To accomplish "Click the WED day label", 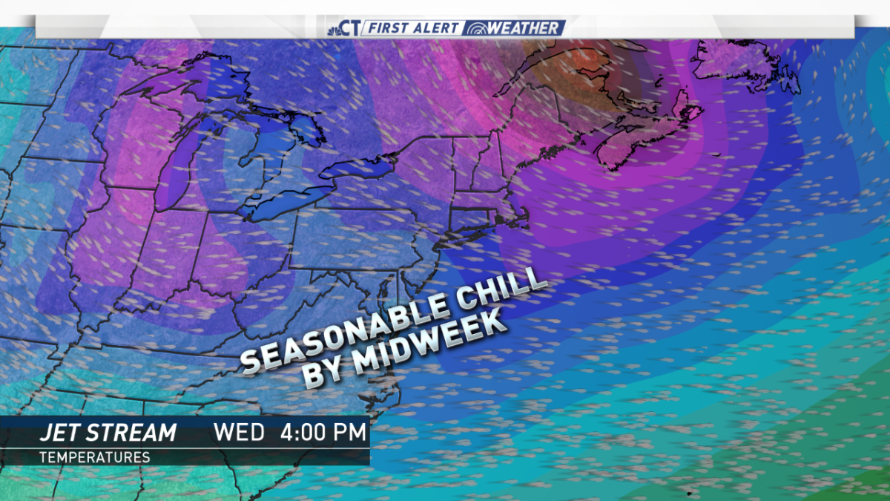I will tap(239, 432).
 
